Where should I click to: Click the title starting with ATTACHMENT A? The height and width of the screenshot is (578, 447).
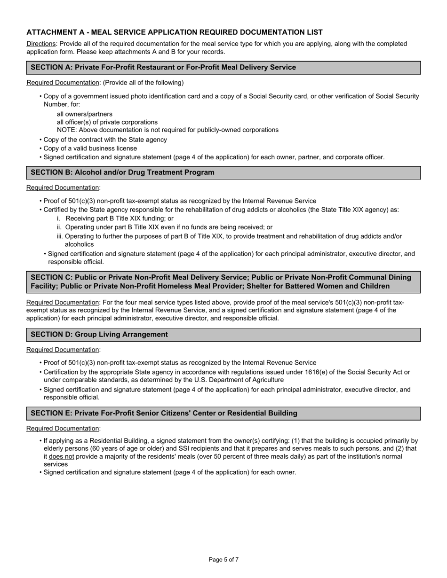click(175, 32)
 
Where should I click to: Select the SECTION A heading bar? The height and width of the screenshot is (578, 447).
click(223, 68)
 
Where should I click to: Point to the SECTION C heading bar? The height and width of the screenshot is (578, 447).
click(223, 282)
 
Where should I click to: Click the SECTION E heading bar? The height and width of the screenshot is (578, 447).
click(223, 414)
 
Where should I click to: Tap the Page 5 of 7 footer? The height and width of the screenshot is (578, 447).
click(223, 560)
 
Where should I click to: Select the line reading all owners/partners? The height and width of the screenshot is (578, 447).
click(85, 114)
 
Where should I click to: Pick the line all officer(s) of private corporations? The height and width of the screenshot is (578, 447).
click(107, 122)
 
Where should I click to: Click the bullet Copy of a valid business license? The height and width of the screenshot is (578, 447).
click(90, 148)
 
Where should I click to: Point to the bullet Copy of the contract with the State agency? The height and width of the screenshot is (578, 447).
click(105, 140)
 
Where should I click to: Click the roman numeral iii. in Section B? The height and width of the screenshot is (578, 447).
click(60, 236)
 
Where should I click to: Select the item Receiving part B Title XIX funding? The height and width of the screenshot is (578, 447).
click(120, 219)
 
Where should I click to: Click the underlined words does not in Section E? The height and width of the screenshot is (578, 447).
click(62, 456)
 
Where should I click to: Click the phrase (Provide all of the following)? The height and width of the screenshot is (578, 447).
click(143, 83)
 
